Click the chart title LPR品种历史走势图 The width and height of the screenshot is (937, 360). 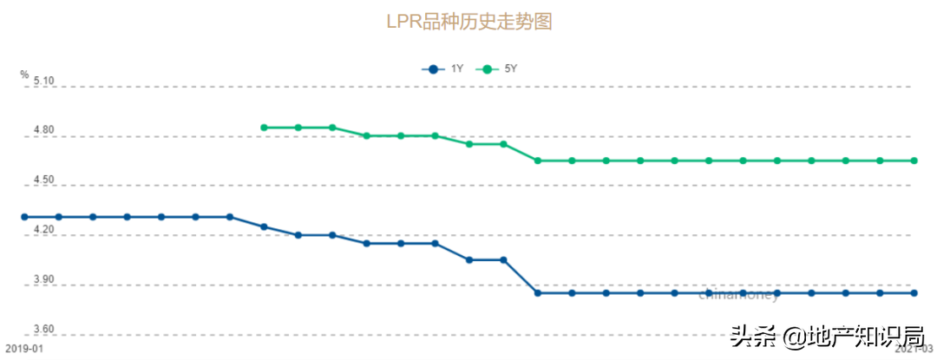click(468, 21)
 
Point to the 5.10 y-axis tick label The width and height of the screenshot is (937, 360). click(43, 81)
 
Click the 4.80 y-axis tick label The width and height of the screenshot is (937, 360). click(43, 131)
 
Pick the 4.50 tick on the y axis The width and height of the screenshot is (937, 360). click(43, 180)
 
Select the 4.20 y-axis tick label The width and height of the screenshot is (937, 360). click(43, 231)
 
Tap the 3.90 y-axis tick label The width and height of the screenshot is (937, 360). click(43, 280)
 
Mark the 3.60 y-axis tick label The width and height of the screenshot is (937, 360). click(43, 330)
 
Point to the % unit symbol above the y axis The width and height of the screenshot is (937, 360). click(24, 75)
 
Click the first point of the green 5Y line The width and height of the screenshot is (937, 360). click(264, 128)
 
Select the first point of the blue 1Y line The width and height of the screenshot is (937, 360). click(24, 217)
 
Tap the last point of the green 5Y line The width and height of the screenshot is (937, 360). click(914, 160)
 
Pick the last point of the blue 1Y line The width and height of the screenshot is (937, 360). click(914, 293)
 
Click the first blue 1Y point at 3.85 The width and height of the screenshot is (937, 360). click(538, 293)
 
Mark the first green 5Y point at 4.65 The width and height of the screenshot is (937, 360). click(538, 160)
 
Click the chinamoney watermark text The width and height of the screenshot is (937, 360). click(738, 296)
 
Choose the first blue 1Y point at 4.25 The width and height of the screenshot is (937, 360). click(264, 227)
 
